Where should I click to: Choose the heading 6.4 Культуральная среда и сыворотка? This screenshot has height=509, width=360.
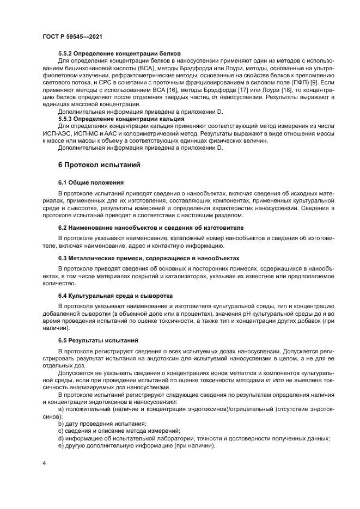pyautogui.click(x=115, y=296)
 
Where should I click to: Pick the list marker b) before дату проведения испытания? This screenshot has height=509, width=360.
pyautogui.click(x=61, y=423)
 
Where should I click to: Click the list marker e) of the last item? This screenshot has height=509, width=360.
pyautogui.click(x=61, y=445)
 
